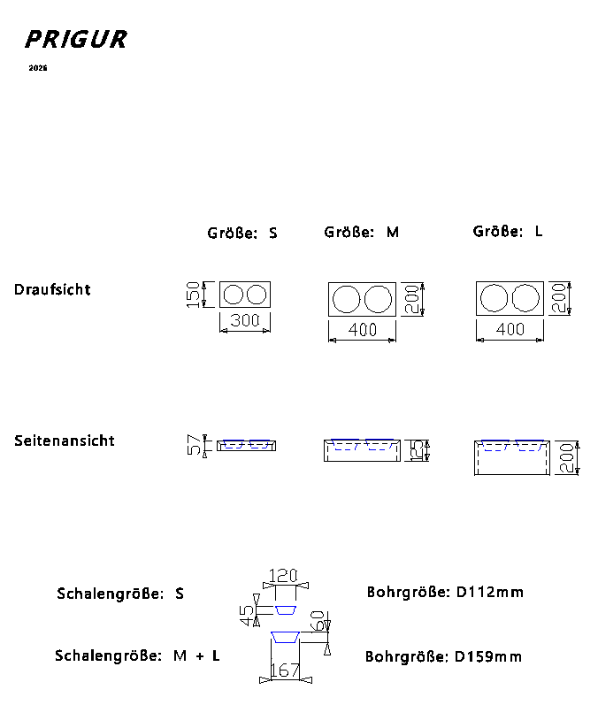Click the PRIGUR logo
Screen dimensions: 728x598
click(x=76, y=40)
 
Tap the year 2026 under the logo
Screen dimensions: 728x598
click(x=38, y=68)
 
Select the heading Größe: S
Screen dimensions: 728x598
click(x=242, y=234)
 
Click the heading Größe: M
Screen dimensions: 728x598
click(x=362, y=232)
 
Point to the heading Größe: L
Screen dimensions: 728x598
click(x=508, y=231)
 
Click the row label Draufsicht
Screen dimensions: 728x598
click(x=52, y=289)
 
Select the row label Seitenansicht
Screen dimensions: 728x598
click(x=65, y=441)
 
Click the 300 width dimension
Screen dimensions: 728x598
click(x=245, y=320)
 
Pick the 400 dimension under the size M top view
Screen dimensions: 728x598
click(x=363, y=329)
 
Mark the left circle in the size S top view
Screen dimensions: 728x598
click(x=234, y=295)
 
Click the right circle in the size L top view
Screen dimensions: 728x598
click(x=525, y=299)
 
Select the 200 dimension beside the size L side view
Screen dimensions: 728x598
click(x=567, y=456)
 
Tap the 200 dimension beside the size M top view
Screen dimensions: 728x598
click(x=410, y=299)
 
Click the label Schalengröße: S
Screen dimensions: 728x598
click(x=120, y=594)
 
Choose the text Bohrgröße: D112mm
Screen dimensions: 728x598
click(x=445, y=592)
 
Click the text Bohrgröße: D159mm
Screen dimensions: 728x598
click(x=443, y=656)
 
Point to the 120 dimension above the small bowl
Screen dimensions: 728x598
click(x=283, y=576)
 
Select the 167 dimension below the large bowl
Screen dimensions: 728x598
click(x=285, y=671)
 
